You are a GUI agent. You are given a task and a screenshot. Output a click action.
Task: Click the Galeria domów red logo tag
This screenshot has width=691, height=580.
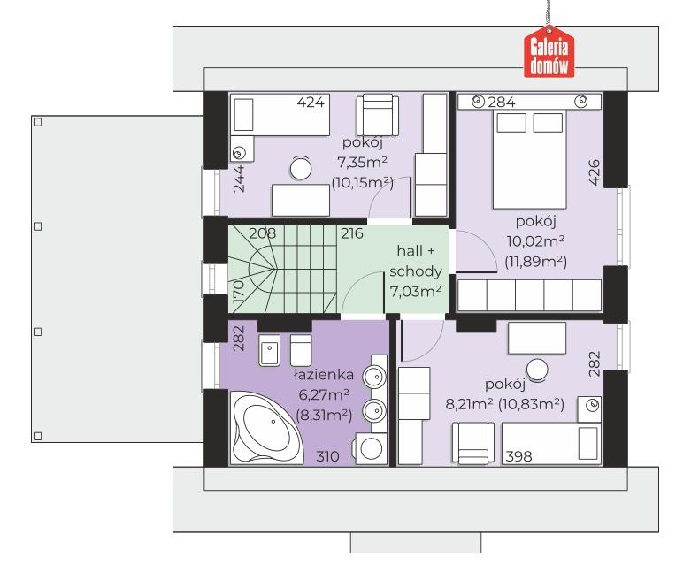549,52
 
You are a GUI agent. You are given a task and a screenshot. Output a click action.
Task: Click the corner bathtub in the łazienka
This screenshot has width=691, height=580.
267,427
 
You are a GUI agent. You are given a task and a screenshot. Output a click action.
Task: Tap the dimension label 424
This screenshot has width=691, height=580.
311,103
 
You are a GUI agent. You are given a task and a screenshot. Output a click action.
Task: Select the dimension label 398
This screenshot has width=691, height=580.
518,456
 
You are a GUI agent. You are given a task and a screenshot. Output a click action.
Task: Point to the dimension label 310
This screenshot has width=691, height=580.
327,456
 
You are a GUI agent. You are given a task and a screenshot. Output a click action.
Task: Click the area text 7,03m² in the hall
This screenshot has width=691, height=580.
416,291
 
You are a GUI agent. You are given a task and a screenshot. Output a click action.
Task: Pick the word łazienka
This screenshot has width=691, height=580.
324,374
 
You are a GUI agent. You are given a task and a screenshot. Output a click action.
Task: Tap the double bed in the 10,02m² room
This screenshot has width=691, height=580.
529,159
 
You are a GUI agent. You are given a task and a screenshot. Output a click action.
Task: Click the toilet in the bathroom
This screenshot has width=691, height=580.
301,350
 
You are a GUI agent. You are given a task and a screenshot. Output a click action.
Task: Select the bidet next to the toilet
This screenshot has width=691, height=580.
269,350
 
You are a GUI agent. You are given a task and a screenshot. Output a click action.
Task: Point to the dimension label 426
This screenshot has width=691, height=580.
595,172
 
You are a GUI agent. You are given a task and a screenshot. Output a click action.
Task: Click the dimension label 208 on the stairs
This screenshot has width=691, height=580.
262,233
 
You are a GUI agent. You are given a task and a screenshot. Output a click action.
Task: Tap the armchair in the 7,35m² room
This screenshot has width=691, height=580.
378,115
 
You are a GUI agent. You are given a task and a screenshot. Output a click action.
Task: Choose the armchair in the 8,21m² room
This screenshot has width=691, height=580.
473,443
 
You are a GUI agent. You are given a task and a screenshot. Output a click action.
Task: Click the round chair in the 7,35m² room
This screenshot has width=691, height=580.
301,168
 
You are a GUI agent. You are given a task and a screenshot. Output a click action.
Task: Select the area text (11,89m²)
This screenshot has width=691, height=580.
535,262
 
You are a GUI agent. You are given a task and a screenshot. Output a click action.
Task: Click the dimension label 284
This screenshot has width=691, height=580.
502,103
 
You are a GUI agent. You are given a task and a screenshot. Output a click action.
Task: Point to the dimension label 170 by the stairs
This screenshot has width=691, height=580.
238,292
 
